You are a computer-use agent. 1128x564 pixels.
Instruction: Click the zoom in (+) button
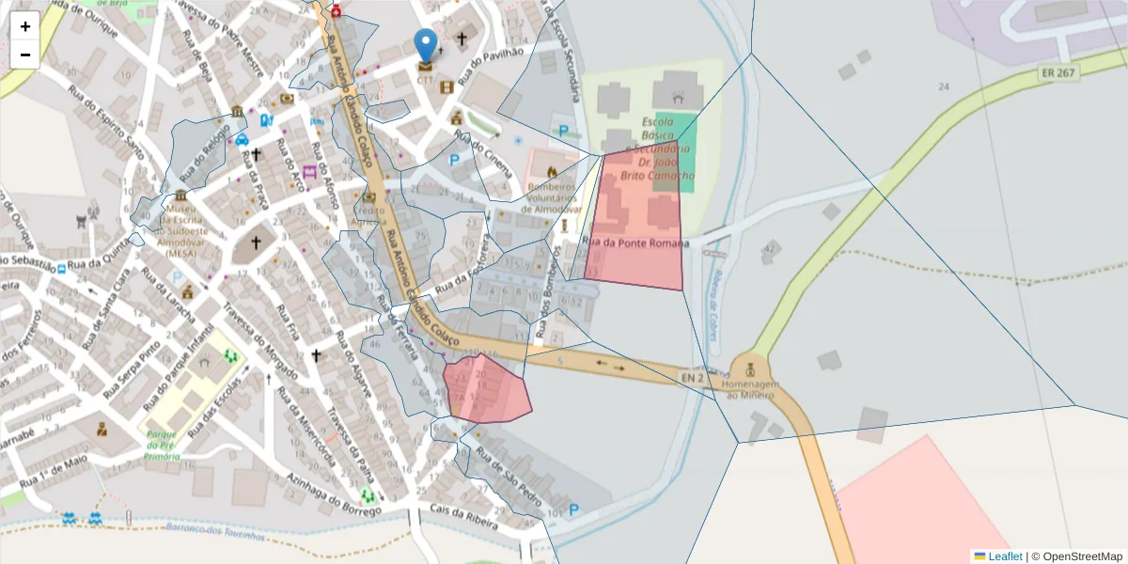[25, 26]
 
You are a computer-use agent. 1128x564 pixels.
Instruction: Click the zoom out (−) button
[25, 55]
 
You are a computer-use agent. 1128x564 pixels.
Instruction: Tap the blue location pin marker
[426, 44]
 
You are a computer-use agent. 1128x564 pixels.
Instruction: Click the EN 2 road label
[693, 377]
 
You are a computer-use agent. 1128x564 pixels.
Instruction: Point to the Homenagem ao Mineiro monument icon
[750, 367]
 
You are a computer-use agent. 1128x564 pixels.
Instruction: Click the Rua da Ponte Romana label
[636, 243]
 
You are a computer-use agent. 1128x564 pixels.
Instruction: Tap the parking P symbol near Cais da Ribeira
[573, 509]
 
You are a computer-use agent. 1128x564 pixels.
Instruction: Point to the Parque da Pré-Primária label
[163, 445]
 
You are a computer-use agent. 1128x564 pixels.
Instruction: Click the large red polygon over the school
[634, 221]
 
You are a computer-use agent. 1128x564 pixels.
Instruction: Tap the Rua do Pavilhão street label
[497, 58]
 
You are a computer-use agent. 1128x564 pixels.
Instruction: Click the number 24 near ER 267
[943, 86]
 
